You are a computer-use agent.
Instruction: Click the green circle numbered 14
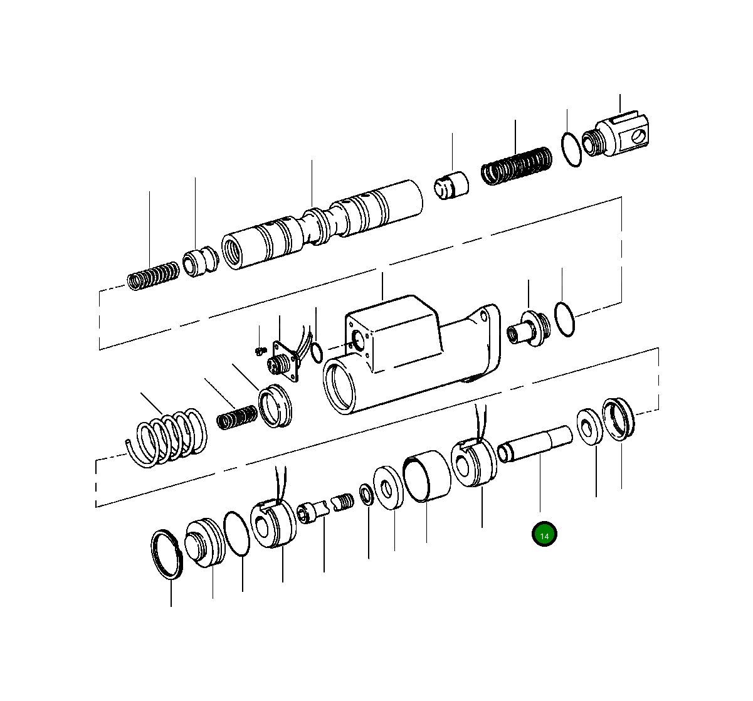point(544,534)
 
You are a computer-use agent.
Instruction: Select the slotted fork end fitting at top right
point(615,134)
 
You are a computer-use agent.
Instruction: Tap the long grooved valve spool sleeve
point(322,224)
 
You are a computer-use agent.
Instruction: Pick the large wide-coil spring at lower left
point(167,438)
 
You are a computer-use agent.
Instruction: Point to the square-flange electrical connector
point(285,360)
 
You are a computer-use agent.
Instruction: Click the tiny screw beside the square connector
point(260,351)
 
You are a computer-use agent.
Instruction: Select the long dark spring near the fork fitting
point(517,166)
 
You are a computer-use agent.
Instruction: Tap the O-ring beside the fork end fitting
point(571,149)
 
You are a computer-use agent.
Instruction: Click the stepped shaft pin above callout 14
point(535,444)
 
